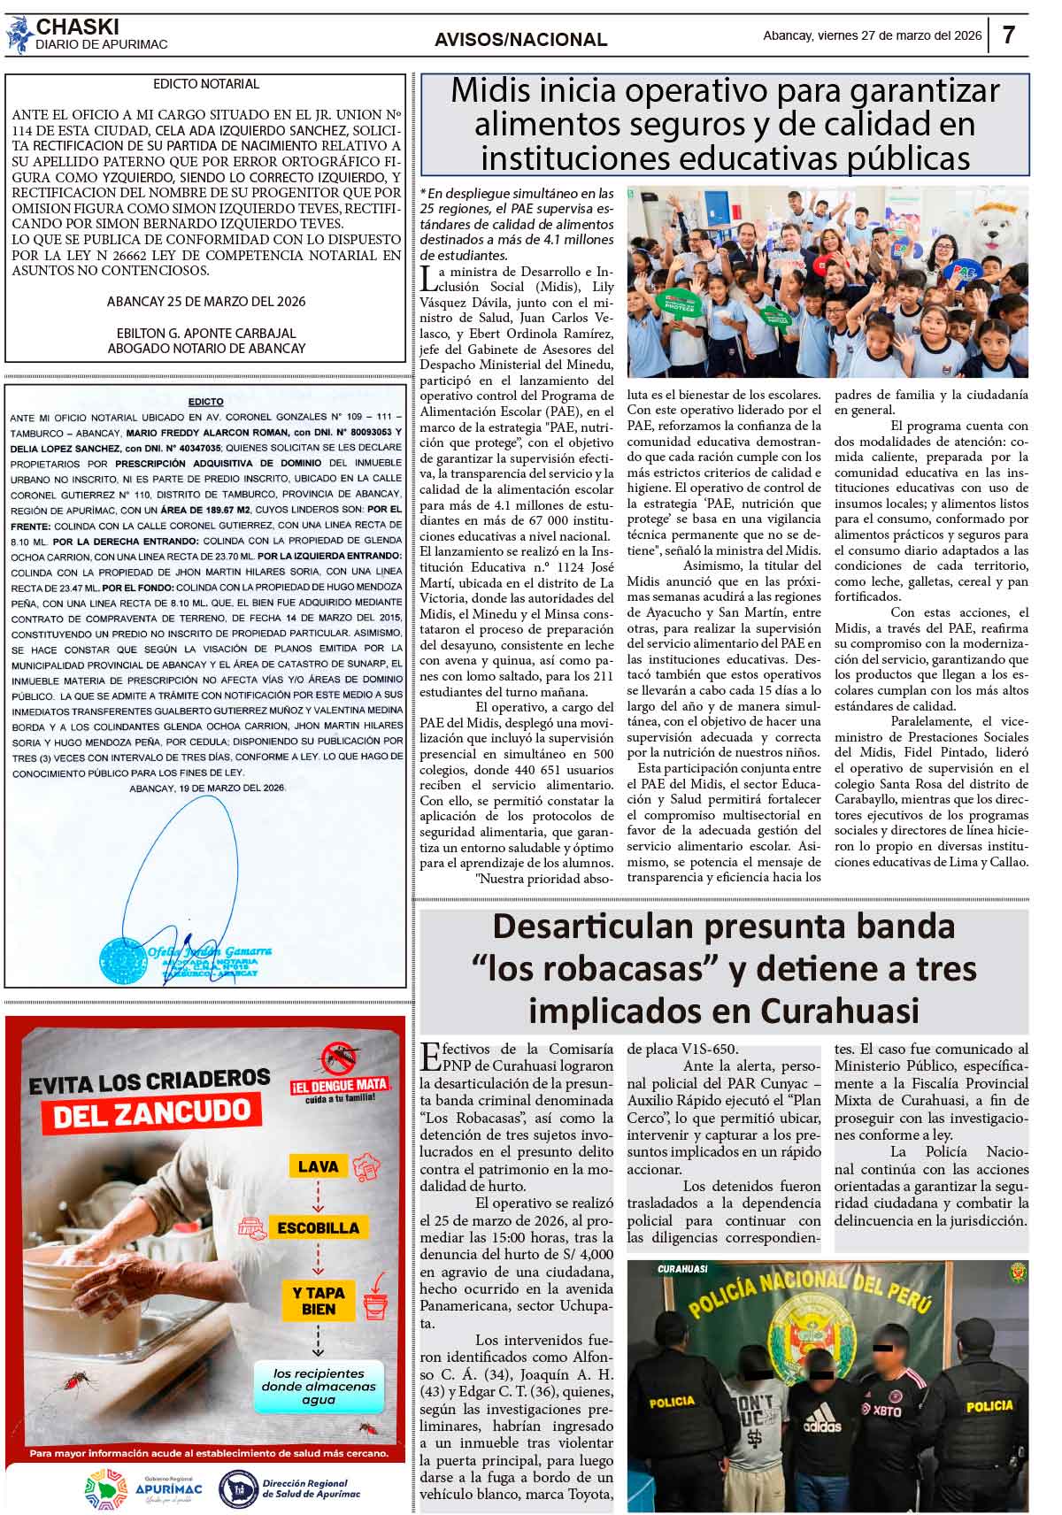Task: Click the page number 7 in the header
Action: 1009,35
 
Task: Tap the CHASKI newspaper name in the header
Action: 78,27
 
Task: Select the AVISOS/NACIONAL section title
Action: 520,40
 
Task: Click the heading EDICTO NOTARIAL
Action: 206,84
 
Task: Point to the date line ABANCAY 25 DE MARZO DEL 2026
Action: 206,301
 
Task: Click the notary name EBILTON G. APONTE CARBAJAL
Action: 206,333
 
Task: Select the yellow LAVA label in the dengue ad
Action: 318,1166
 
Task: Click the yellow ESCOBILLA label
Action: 318,1227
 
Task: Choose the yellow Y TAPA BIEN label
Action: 318,1300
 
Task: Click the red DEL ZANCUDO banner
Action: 151,1113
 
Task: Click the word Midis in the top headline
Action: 488,91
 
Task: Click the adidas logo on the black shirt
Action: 821,1426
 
